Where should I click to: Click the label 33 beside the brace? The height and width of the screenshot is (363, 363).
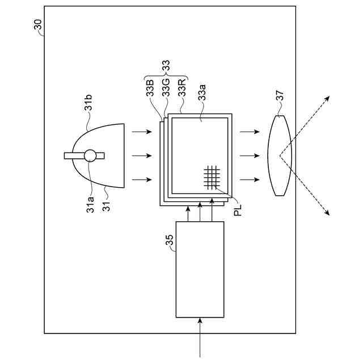tap(166, 66)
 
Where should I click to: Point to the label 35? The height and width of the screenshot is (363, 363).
tap(169, 240)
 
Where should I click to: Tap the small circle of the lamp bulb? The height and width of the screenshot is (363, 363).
tap(90, 155)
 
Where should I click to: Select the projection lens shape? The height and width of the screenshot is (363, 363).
tap(279, 155)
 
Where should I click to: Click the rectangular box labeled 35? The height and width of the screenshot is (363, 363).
tap(200, 269)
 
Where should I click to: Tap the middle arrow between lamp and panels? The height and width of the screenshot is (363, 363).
tap(141, 155)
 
